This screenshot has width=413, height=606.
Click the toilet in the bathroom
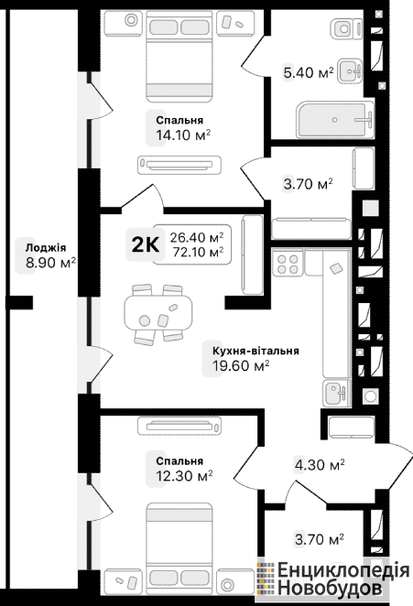[347, 28]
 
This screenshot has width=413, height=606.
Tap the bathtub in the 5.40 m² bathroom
[335, 119]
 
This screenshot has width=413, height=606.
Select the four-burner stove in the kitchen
[288, 264]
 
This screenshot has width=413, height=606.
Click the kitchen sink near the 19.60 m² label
[336, 393]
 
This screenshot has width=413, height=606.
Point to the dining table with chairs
[158, 313]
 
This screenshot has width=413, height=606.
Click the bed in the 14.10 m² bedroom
[179, 56]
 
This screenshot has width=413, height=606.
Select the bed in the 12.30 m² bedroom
[179, 548]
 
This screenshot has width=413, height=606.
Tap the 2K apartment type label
[145, 244]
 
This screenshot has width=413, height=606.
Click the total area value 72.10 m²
[199, 252]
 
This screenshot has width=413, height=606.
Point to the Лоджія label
[46, 247]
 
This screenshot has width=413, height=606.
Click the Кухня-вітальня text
[255, 351]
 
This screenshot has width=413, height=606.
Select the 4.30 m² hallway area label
[320, 464]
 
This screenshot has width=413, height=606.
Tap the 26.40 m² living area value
[197, 237]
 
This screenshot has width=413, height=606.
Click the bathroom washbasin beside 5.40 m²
[350, 70]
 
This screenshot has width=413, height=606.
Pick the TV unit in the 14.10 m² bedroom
[179, 165]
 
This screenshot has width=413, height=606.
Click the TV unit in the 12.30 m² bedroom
[179, 426]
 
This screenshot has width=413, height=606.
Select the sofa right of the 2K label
[252, 255]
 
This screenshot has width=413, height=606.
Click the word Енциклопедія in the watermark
[343, 571]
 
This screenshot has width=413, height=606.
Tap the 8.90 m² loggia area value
[50, 263]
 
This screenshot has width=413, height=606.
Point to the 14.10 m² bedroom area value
[183, 135]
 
